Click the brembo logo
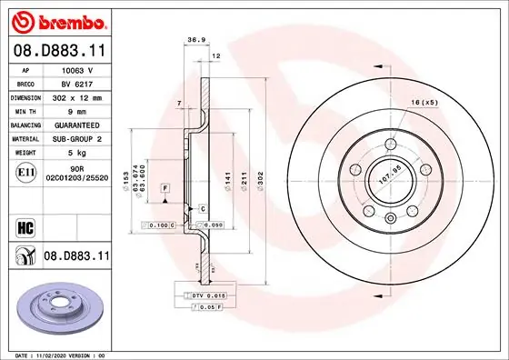57,20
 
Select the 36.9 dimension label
194,39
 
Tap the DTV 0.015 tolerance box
195,296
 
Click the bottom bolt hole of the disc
389,216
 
